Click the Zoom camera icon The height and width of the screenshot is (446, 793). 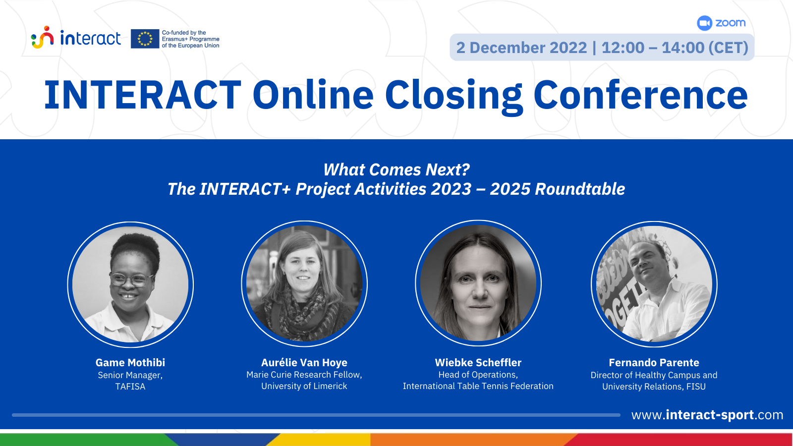(704, 23)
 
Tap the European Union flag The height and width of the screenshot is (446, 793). (145, 39)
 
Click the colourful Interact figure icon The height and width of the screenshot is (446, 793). (43, 37)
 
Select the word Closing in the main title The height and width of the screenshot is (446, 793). (454, 96)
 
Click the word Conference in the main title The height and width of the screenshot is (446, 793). (641, 94)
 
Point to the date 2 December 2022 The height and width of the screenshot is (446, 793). (521, 48)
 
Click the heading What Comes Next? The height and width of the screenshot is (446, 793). (396, 170)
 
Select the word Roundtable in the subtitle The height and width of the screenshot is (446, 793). (580, 189)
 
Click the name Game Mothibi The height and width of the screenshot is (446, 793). (130, 362)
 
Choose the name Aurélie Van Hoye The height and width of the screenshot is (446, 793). (304, 362)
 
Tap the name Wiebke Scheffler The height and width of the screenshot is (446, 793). (478, 362)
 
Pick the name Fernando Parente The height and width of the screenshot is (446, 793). (654, 362)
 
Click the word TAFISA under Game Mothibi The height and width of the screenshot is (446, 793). (130, 387)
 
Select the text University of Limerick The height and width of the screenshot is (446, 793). (304, 386)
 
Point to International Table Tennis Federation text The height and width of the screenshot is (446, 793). (478, 386)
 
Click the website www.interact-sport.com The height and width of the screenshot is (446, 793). (707, 415)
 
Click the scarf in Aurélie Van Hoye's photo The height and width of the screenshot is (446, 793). (304, 312)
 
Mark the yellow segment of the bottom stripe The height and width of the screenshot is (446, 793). (319, 440)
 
